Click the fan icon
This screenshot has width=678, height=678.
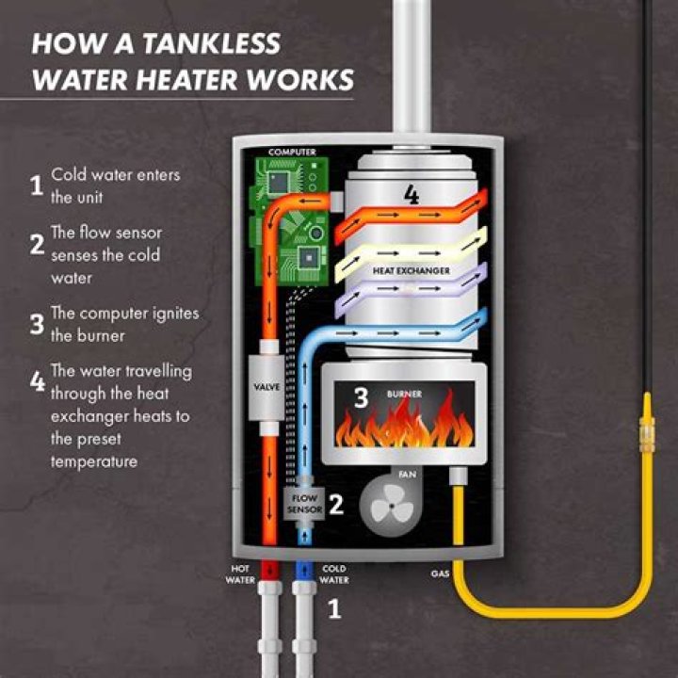[x=388, y=505]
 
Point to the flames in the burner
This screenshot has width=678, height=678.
[x=405, y=426]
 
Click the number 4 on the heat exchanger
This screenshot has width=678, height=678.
[x=412, y=195]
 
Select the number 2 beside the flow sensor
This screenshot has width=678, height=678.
[x=336, y=503]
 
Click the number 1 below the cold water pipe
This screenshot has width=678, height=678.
[x=333, y=610]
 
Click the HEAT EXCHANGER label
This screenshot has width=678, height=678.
[x=411, y=271]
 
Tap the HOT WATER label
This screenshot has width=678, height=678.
[x=239, y=574]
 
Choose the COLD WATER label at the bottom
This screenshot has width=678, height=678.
[x=335, y=574]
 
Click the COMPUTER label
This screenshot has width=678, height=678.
[x=292, y=152]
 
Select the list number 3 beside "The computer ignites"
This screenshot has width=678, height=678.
[x=37, y=325]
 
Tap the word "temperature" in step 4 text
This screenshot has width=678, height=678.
[x=94, y=461]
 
